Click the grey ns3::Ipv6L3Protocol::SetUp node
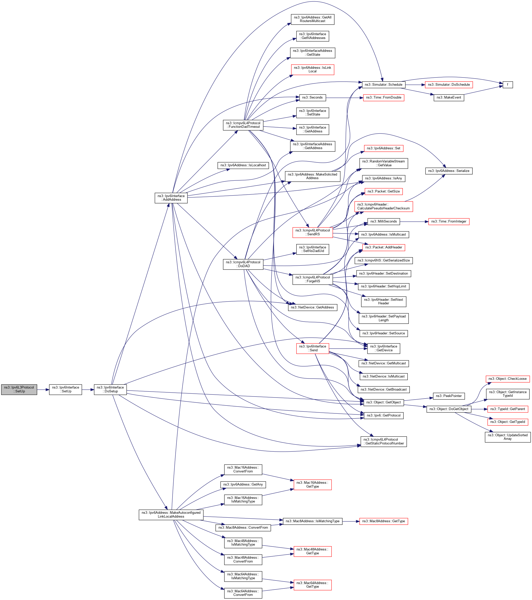click(x=19, y=390)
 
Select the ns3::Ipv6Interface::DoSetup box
click(x=110, y=390)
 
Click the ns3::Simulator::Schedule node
click(x=383, y=84)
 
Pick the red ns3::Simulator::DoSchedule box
click(x=449, y=84)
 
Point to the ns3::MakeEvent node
click(x=449, y=98)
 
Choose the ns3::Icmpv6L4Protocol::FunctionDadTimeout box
click(x=243, y=125)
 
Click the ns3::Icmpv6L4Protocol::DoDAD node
click(x=243, y=264)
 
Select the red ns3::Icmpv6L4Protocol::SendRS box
click(x=312, y=232)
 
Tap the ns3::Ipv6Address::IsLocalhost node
click(x=243, y=165)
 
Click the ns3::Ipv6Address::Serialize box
click(x=449, y=171)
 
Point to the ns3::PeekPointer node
click(x=449, y=396)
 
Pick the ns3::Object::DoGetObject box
click(x=449, y=409)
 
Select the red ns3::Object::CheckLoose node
click(x=507, y=379)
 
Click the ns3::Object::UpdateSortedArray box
click(x=507, y=437)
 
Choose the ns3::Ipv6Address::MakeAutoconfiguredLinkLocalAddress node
click(x=171, y=515)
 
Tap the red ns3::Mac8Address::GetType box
click(x=383, y=521)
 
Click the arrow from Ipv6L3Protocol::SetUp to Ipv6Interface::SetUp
click(x=43, y=390)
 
